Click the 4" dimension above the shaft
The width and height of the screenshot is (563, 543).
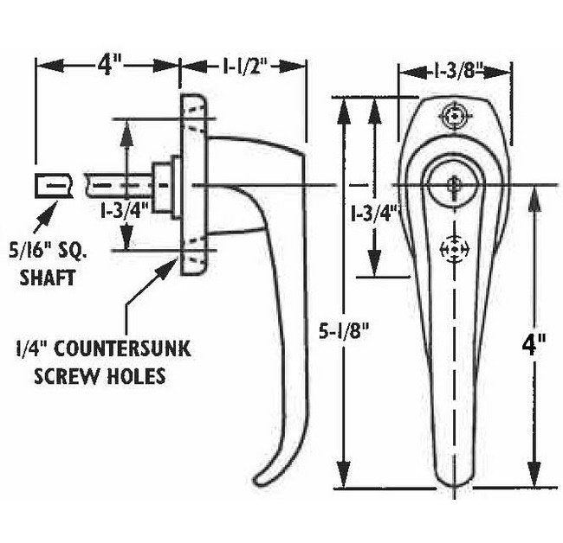[107, 66]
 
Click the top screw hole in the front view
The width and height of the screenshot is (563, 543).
[453, 115]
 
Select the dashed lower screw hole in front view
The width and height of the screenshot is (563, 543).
[452, 249]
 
